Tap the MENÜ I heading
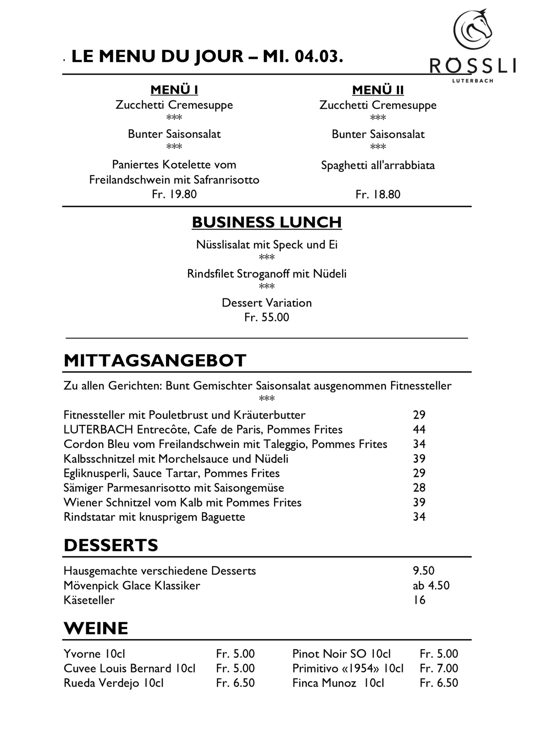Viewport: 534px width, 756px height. pos(174,90)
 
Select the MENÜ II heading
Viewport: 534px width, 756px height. pos(378,91)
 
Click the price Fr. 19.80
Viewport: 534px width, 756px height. pos(174,194)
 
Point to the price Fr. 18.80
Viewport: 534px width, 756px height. pos(378,194)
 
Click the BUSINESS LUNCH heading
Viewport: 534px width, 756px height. pos(267,222)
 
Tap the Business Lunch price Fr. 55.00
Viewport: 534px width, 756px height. pos(267,317)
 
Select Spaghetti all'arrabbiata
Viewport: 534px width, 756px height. pos(378,165)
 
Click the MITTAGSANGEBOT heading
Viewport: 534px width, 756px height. pos(155,361)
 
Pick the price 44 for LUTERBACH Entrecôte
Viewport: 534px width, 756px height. pos(419,429)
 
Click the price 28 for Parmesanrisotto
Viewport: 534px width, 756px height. pos(419,488)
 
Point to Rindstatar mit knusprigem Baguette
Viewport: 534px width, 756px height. pos(154,517)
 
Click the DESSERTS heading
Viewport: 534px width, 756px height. pos(111,545)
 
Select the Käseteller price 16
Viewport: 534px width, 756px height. pos(419,600)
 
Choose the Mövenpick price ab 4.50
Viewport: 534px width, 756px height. pos(430,585)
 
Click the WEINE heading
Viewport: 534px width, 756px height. pos(96,628)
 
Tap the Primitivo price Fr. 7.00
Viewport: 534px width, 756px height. pos(438,668)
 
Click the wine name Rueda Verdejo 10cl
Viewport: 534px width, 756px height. pos(114,683)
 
